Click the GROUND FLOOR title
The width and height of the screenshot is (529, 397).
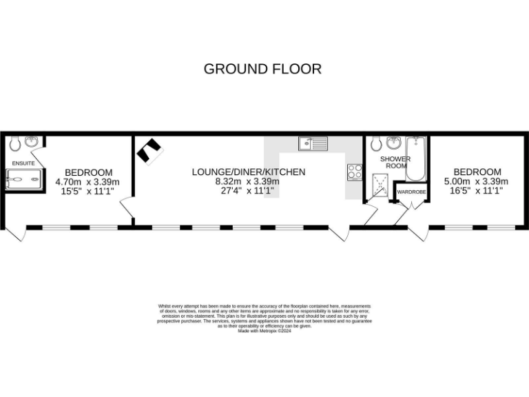(x=262, y=69)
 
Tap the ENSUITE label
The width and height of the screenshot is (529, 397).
(x=23, y=163)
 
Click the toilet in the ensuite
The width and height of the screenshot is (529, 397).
(x=14, y=143)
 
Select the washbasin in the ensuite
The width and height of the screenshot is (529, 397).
(x=31, y=142)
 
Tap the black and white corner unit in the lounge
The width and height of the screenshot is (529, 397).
(x=149, y=152)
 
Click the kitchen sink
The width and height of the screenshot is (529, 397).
(x=313, y=143)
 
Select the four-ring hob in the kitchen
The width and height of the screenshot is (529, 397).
(x=355, y=171)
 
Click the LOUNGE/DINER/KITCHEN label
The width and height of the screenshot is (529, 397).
(x=248, y=172)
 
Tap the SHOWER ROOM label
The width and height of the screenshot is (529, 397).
(x=395, y=162)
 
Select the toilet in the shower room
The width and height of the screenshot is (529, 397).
(x=376, y=143)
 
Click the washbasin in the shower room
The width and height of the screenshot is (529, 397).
(x=395, y=143)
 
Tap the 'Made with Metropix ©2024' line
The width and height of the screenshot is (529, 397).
(x=264, y=330)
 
